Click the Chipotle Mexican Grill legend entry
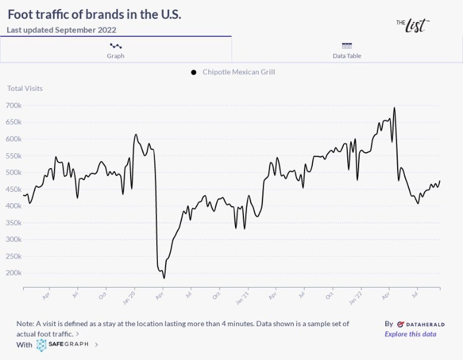(238, 72)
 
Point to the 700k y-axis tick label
(13, 105)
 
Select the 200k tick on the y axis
(13, 273)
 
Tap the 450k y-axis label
(13, 189)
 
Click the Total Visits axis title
(25, 89)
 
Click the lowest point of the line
(164, 278)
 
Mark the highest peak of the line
(394, 108)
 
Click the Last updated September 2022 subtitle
(62, 30)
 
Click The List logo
(412, 24)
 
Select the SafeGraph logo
(62, 345)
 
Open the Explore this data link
(410, 334)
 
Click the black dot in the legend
(194, 72)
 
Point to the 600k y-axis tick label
(13, 138)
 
